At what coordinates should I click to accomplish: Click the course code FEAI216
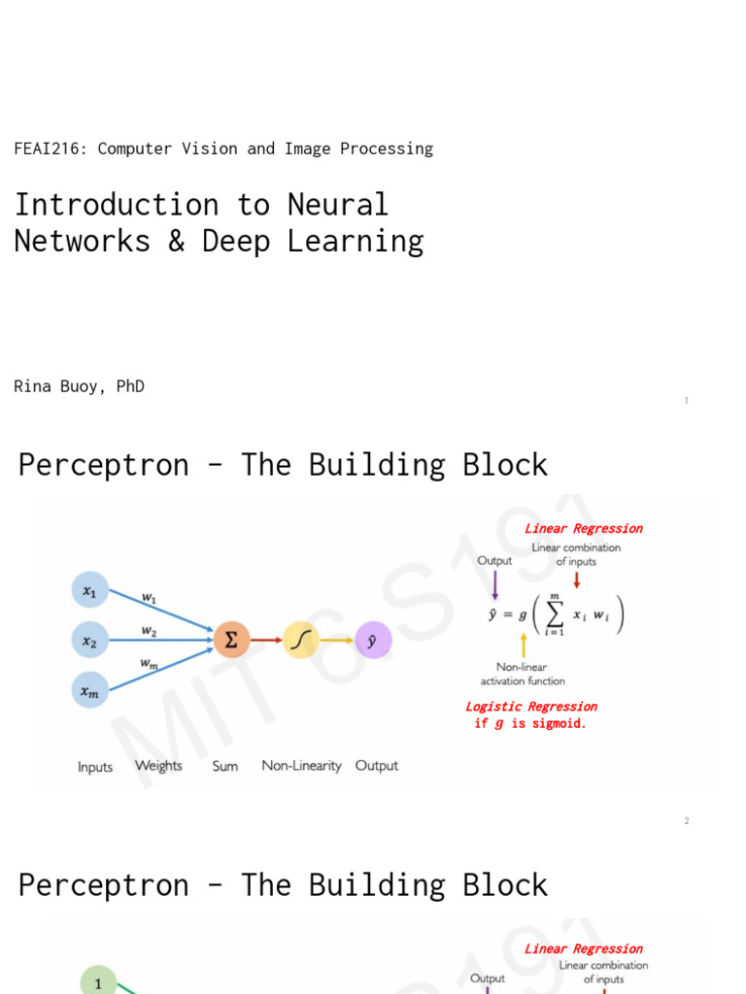[46, 149]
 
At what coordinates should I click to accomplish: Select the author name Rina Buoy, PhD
[79, 386]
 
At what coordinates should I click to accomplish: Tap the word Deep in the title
[235, 241]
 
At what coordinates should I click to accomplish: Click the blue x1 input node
[89, 590]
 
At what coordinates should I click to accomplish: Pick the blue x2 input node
[89, 640]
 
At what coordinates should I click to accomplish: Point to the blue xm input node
[89, 690]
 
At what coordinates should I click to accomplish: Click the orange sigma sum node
[231, 640]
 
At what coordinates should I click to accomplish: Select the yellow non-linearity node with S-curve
[301, 640]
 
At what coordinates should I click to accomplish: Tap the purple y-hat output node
[372, 640]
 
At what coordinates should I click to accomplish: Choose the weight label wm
[149, 663]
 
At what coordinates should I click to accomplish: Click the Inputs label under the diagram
[95, 767]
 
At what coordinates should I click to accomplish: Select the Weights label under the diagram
[158, 766]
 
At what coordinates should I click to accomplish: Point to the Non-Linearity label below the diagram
[301, 766]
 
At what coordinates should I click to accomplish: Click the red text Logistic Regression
[531, 707]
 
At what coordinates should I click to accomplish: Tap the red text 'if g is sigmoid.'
[530, 724]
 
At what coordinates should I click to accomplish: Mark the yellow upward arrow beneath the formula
[524, 645]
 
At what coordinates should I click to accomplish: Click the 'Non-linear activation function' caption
[523, 674]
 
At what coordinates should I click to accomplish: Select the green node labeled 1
[97, 982]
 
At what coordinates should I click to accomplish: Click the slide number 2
[686, 821]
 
